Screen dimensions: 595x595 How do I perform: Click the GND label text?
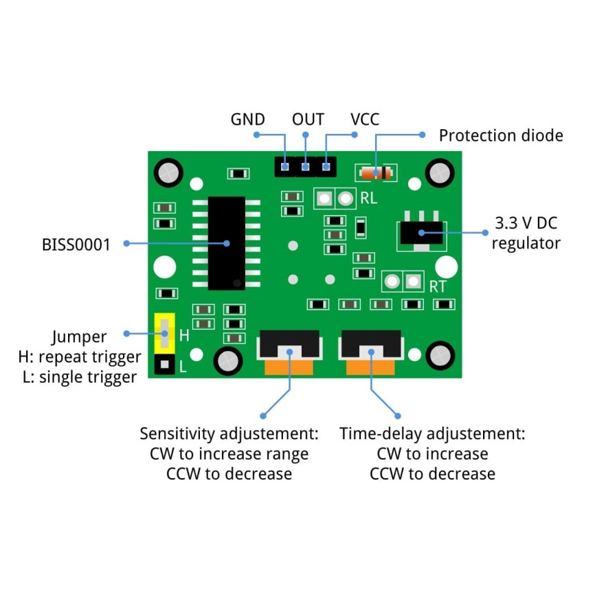[247, 119]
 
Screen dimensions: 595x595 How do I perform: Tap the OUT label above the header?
[308, 119]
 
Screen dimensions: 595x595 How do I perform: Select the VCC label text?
[365, 119]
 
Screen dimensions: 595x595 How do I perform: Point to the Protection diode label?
[500, 135]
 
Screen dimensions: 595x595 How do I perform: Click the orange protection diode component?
[375, 172]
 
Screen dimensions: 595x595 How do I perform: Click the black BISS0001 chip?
[226, 243]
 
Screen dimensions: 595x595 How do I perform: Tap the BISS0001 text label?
[76, 244]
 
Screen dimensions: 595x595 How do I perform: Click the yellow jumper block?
[164, 333]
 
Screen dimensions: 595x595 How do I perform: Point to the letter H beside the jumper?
[184, 336]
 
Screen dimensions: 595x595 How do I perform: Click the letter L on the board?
[183, 367]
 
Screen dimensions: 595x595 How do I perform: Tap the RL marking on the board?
[369, 199]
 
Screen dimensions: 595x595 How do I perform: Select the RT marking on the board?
[438, 287]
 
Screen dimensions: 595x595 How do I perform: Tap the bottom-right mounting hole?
[439, 355]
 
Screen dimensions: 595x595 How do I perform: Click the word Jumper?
[79, 337]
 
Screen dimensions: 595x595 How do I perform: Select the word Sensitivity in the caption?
[177, 434]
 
